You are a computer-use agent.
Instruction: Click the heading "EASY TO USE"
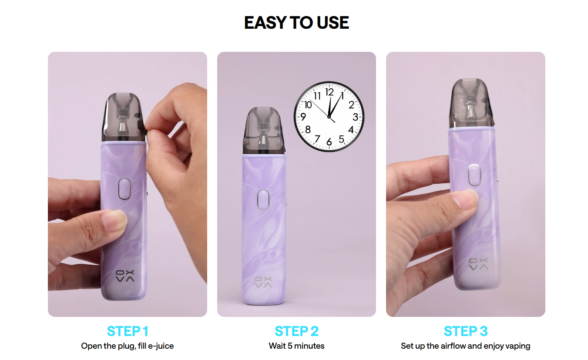[x=296, y=23]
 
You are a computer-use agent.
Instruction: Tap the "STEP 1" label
[x=128, y=331]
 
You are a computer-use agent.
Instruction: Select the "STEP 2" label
[x=297, y=331]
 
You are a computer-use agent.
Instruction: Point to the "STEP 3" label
[x=466, y=331]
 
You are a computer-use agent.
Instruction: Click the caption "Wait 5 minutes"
[x=296, y=346]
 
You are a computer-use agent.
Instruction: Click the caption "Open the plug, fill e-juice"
[x=128, y=346]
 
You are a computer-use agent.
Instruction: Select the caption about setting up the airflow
[x=465, y=346]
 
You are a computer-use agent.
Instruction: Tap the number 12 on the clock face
[x=329, y=92]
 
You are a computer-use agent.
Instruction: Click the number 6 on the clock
[x=329, y=142]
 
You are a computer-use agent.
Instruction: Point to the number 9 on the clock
[x=303, y=117]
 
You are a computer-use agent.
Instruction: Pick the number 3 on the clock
[x=355, y=117]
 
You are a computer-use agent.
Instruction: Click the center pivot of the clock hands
[x=329, y=117]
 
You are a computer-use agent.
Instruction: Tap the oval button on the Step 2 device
[x=263, y=200]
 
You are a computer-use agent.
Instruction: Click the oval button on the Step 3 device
[x=474, y=175]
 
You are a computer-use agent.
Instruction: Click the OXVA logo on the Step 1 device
[x=125, y=276]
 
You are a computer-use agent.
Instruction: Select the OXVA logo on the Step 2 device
[x=263, y=282]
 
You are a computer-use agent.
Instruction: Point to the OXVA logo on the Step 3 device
[x=478, y=264]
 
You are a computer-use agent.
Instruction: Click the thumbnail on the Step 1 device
[x=114, y=220]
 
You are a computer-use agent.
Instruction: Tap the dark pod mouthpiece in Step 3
[x=472, y=104]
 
